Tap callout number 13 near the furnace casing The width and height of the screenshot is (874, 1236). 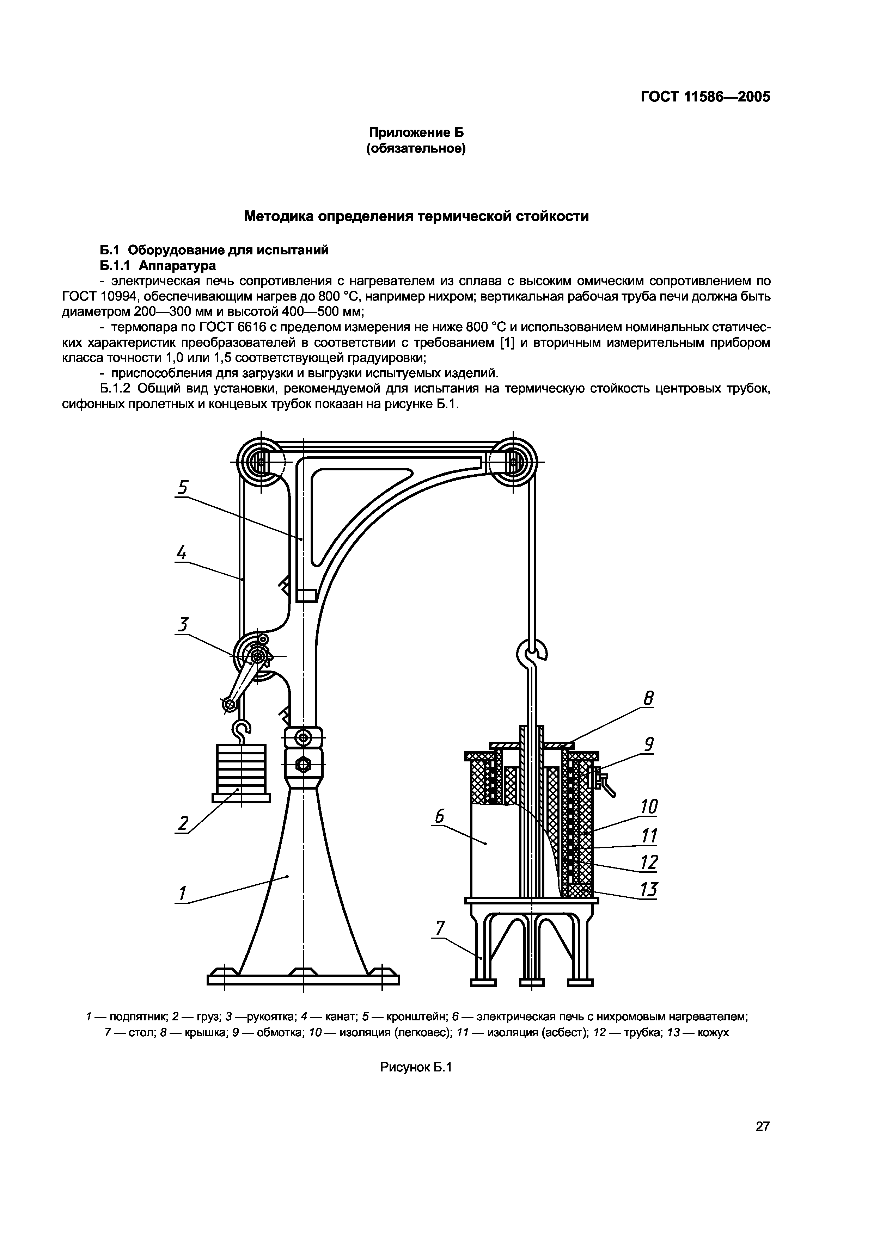649,889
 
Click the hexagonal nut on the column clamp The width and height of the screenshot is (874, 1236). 303,764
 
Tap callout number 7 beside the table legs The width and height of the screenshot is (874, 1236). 440,928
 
